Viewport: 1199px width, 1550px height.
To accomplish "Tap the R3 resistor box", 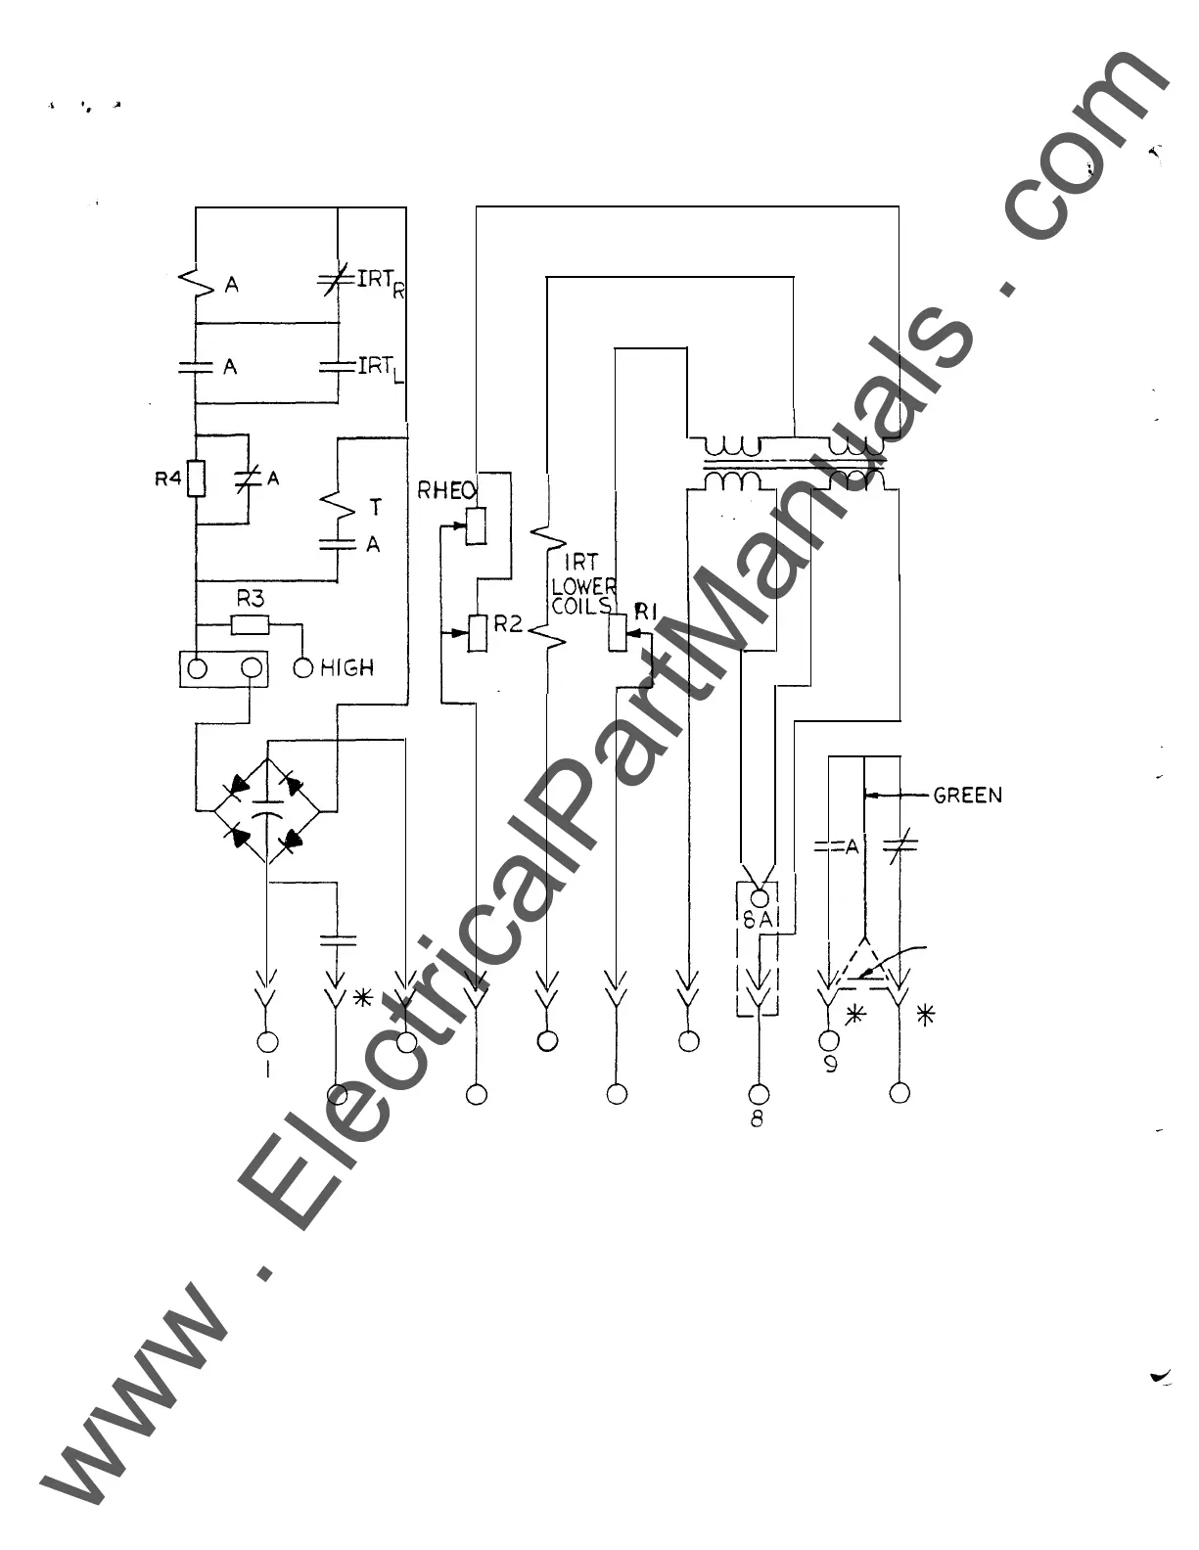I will point(250,624).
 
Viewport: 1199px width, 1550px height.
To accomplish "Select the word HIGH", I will point(347,668).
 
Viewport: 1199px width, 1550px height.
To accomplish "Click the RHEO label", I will point(446,490).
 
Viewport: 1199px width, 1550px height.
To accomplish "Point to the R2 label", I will point(508,624).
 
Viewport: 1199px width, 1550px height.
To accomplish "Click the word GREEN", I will point(967,796).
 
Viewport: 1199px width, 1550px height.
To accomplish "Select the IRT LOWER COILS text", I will point(584,584).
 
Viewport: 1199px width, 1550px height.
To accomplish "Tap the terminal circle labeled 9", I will point(829,1039).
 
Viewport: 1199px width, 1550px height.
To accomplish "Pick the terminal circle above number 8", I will point(759,1093).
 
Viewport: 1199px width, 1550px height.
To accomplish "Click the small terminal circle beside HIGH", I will point(303,668).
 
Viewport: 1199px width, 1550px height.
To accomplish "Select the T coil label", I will point(376,507).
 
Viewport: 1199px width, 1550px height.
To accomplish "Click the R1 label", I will point(644,613).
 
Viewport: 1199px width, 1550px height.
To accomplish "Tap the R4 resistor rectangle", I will point(197,479).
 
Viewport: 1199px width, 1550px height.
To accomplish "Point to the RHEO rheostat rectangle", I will point(477,526).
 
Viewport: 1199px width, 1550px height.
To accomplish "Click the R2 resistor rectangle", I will point(478,633).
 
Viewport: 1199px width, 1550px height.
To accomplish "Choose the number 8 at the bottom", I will point(757,1118).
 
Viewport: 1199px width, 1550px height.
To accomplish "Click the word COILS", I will point(581,607).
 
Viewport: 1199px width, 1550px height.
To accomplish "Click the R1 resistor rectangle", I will point(618,633).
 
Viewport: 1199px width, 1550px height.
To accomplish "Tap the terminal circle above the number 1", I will point(267,1041).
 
